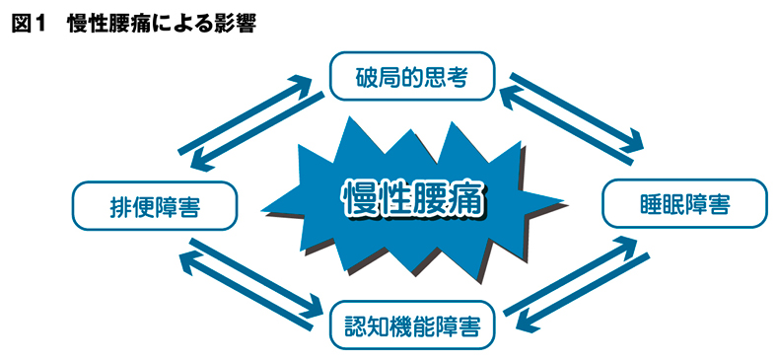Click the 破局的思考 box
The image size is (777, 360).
coord(412,75)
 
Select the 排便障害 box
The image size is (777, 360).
coord(155,206)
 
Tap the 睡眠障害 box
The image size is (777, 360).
coord(684,203)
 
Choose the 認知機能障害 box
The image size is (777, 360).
coord(412,324)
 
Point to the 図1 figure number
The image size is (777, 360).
coord(29,24)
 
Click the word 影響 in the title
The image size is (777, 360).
coord(237,24)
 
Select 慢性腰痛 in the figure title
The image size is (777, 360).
coord(106,24)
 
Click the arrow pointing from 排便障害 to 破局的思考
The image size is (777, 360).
coord(246,113)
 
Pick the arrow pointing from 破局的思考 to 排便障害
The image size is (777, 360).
coord(258,131)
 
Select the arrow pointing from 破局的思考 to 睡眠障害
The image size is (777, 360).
coord(577,112)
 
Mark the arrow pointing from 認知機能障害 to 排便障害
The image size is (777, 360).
coord(246,291)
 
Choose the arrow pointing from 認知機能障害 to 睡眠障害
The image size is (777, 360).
coord(570,275)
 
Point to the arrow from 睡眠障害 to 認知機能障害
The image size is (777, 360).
coord(582,293)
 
